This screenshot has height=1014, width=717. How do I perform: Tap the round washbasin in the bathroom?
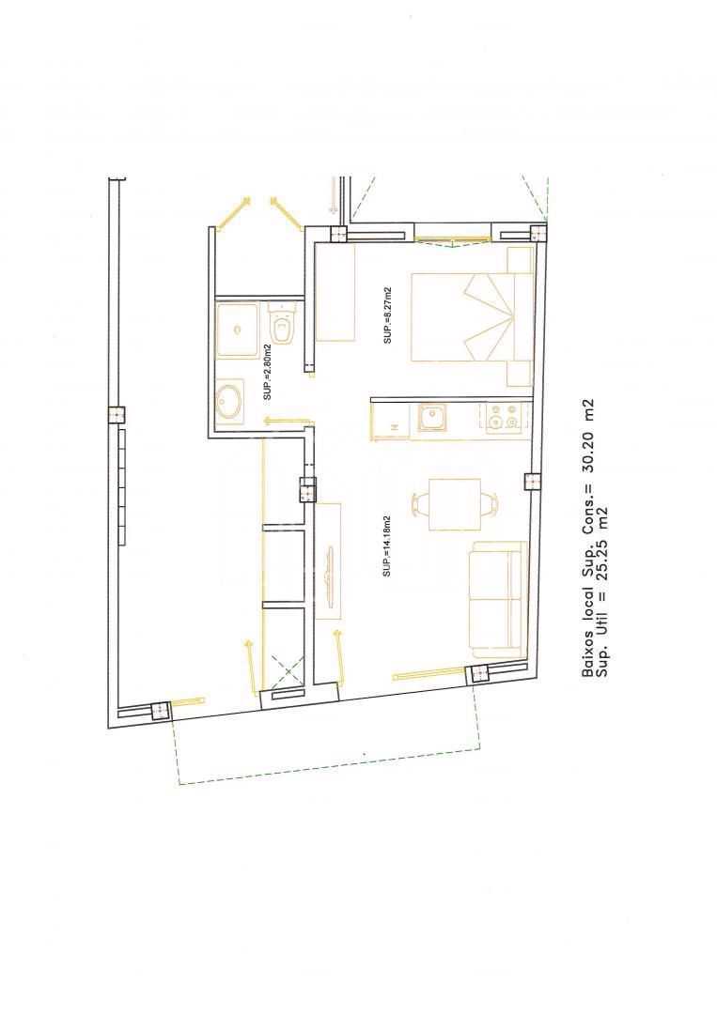pos(229,402)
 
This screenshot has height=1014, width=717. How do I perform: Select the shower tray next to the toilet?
pos(238,330)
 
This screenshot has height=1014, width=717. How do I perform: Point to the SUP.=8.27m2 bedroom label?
pos(387,315)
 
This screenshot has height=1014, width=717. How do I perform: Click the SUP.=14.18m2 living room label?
pos(387,546)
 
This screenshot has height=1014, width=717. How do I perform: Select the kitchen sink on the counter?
pos(431,418)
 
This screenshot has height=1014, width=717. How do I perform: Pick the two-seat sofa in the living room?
pos(496,596)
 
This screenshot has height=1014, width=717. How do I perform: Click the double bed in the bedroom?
pos(472,317)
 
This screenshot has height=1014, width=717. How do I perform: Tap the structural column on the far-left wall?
pos(117,415)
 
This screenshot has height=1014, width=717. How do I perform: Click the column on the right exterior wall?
pos(531,482)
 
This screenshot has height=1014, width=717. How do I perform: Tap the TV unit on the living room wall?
pos(329,561)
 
